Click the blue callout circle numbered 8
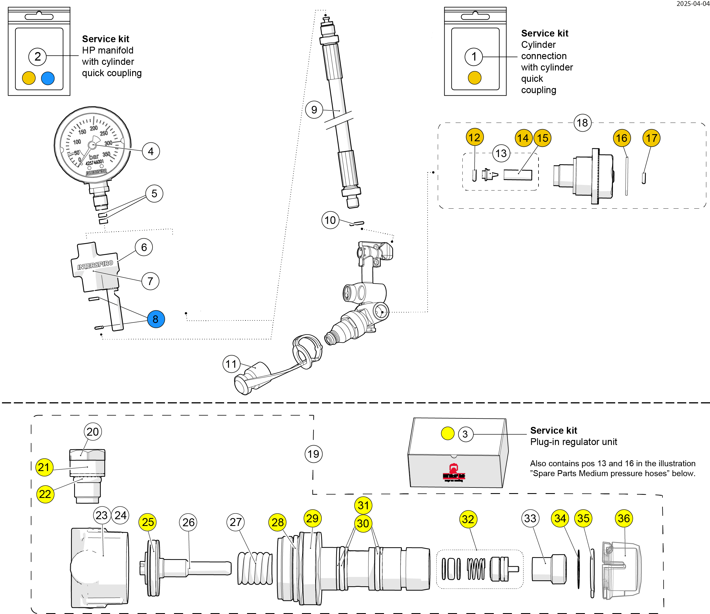pyautogui.click(x=156, y=319)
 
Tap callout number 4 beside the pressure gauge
pyautogui.click(x=151, y=151)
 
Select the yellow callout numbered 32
pyautogui.click(x=468, y=519)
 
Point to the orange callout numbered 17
pyautogui.click(x=651, y=138)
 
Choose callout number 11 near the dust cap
pyautogui.click(x=231, y=364)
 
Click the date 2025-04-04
pyautogui.click(x=692, y=4)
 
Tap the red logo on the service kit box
pyautogui.click(x=454, y=473)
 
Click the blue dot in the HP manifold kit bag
pyautogui.click(x=48, y=78)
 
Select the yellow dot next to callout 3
pyautogui.click(x=447, y=433)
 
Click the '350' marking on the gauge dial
pyautogui.click(x=107, y=154)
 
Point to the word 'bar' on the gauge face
pyautogui.click(x=94, y=157)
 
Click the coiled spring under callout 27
pyautogui.click(x=255, y=568)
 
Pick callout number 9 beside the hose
pyautogui.click(x=314, y=110)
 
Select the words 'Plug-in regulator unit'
pyautogui.click(x=573, y=442)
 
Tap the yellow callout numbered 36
pyautogui.click(x=623, y=518)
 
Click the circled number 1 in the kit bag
pyautogui.click(x=473, y=57)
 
